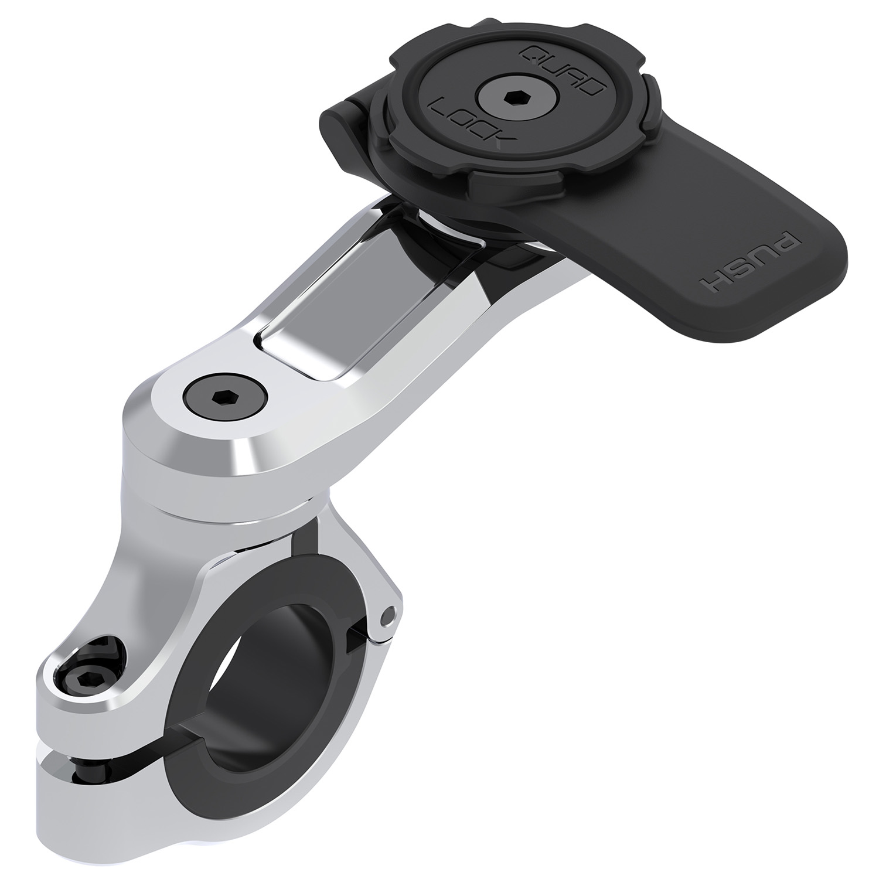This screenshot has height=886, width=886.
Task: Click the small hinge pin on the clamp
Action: click(x=385, y=616)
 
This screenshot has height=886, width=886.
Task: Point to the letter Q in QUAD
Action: click(x=530, y=56)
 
